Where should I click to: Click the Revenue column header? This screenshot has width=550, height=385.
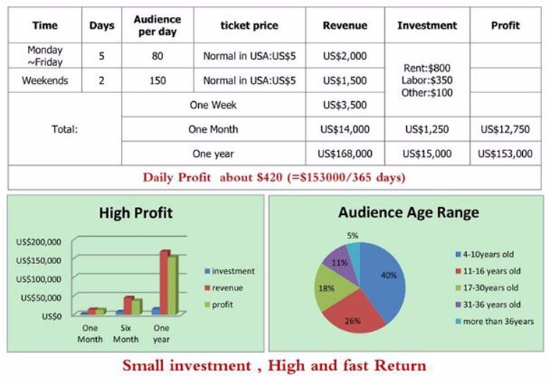[345, 26]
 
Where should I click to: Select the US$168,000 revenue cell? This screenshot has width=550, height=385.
[345, 153]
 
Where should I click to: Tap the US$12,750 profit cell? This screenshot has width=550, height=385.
[505, 129]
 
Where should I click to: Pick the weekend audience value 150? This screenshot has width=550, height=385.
[158, 81]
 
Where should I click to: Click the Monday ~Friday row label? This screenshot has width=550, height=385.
[45, 56]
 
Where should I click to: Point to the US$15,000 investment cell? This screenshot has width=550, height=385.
[427, 153]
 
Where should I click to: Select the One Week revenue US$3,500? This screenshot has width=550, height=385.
[345, 105]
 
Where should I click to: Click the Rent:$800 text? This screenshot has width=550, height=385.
[427, 68]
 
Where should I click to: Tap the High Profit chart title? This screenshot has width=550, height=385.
[136, 213]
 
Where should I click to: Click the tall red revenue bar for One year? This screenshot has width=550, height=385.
[164, 282]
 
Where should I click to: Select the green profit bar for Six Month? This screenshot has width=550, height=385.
[137, 307]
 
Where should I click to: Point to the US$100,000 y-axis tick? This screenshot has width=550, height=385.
[39, 279]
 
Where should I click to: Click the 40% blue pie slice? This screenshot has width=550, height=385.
[384, 277]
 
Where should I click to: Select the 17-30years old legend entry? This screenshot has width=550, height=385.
[487, 288]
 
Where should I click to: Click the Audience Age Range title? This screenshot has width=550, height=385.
[408, 213]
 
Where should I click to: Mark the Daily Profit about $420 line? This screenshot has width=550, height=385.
[274, 177]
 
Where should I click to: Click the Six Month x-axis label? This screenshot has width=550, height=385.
[125, 334]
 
